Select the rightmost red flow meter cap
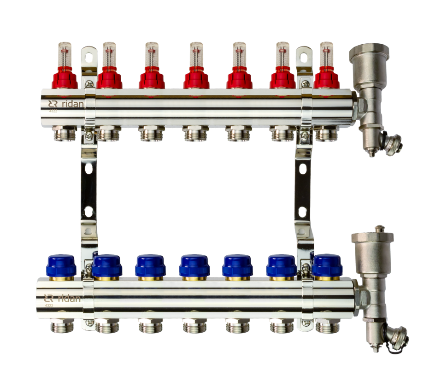click(x=327, y=78)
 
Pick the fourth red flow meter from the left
click(x=196, y=78)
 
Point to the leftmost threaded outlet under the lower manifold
click(x=62, y=327)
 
